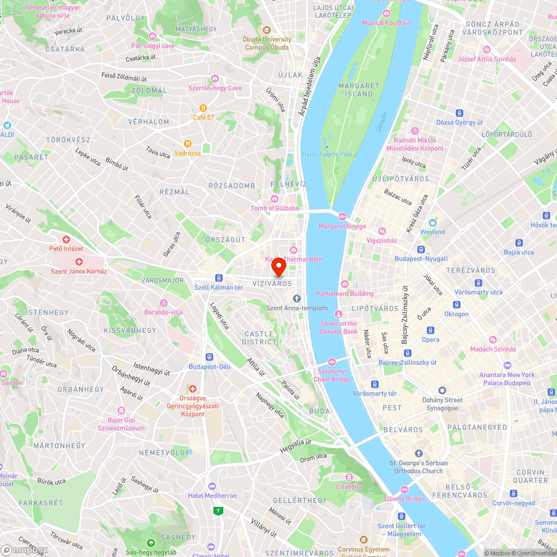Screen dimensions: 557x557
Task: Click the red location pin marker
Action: [278, 267]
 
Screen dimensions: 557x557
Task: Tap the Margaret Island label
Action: [359, 90]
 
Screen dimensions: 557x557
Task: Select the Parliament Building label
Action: [345, 294]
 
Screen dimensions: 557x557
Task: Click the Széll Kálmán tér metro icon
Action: [219, 277]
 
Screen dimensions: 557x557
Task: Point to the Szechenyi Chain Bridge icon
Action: [333, 362]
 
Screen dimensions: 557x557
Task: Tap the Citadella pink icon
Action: [349, 477]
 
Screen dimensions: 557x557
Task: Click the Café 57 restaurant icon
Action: [204, 108]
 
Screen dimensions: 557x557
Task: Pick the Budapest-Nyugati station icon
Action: [421, 250]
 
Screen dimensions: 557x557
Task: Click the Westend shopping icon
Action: [433, 222]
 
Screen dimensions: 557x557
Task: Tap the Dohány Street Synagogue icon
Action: [442, 391]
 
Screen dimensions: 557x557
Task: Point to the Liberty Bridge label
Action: [404, 499]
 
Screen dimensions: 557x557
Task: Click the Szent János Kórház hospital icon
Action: [79, 262]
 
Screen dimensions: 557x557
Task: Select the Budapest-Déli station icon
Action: [209, 356]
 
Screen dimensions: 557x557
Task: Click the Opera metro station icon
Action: [431, 330]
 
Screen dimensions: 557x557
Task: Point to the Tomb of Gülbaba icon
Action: [274, 199]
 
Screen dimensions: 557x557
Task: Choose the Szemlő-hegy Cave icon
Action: [215, 79]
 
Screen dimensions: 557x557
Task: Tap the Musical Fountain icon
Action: [387, 13]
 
